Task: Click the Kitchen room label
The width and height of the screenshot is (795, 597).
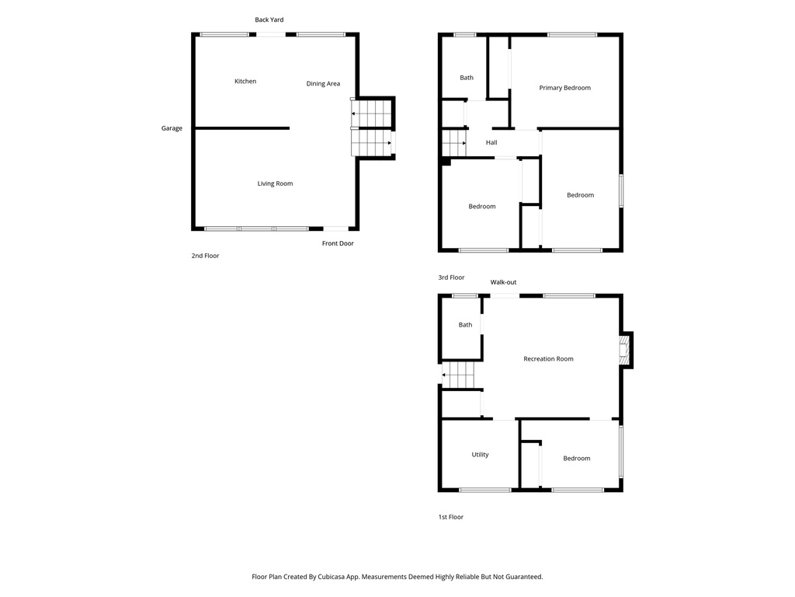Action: (245, 82)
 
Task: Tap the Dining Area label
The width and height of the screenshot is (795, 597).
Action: (323, 84)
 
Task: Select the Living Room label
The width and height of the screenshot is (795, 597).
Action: (275, 183)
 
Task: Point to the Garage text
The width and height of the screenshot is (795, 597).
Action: (172, 128)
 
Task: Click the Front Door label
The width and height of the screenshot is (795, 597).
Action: (338, 243)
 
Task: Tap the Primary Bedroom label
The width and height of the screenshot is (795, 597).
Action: (564, 88)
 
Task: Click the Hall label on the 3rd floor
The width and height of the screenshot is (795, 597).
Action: (491, 142)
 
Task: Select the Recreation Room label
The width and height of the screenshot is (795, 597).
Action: (548, 359)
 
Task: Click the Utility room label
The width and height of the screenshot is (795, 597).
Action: (480, 455)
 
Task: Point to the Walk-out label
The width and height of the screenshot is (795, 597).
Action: (503, 282)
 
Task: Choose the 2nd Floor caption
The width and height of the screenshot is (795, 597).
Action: (205, 256)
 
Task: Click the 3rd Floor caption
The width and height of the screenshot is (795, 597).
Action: (451, 278)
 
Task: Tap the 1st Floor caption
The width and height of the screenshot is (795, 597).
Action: (450, 517)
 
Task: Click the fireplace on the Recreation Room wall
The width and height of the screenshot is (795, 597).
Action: (625, 350)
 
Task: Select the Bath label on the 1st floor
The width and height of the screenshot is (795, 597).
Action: (465, 325)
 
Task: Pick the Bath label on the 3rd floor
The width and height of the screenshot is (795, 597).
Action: (467, 78)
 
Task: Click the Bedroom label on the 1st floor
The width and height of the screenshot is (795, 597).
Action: (576, 459)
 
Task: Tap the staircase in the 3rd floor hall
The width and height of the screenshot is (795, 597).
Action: (454, 143)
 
